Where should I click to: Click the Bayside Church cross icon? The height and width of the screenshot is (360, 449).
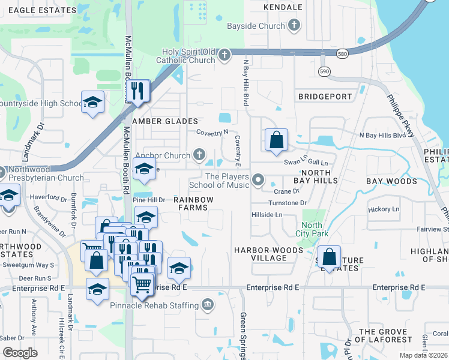(294, 26)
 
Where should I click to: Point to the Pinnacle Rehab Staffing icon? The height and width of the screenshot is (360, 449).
(208, 305)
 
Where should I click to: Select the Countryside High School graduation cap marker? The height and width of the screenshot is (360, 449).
(93, 103)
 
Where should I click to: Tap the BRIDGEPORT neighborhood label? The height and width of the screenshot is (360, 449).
(325, 97)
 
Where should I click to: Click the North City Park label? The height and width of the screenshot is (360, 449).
(312, 229)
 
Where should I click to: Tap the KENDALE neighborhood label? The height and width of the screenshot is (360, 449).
(283, 7)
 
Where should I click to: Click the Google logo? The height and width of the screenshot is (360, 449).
(20, 353)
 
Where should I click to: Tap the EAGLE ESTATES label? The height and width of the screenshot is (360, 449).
(38, 10)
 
